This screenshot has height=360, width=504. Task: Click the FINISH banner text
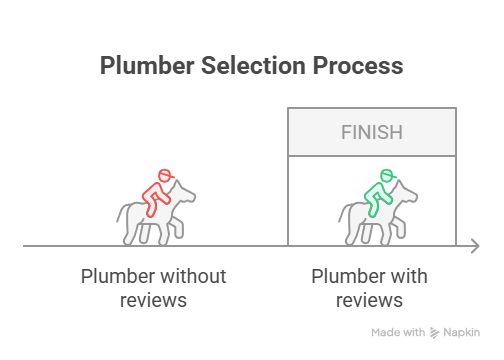(371, 131)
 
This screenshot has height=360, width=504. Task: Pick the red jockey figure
(156, 193)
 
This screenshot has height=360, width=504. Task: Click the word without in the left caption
(193, 276)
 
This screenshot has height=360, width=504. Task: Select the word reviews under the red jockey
(153, 300)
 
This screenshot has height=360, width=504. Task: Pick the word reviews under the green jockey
(371, 300)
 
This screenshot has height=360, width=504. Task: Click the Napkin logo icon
(436, 332)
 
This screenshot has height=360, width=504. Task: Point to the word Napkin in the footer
(463, 332)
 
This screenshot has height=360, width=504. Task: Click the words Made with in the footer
(398, 332)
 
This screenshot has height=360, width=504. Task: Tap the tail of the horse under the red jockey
(122, 215)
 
